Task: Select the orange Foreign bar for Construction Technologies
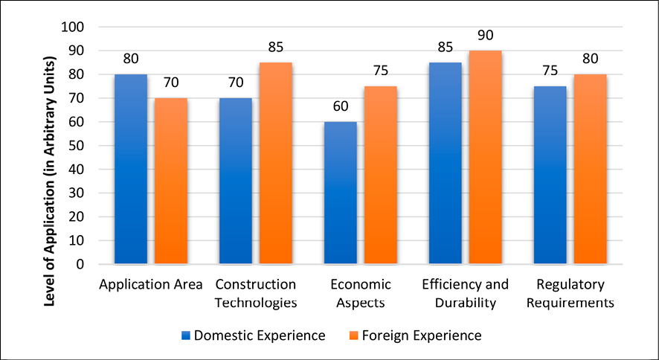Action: coord(275,163)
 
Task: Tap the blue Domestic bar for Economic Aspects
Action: coord(341,193)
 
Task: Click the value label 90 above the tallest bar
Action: coord(486,35)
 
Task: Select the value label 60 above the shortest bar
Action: coord(341,106)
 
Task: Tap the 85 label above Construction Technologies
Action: coord(275,47)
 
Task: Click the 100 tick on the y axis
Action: coord(75,27)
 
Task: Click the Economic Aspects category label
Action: coord(360,293)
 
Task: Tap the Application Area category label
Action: coord(150,285)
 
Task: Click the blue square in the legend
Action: coord(186,335)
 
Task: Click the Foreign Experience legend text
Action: coord(422,335)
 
